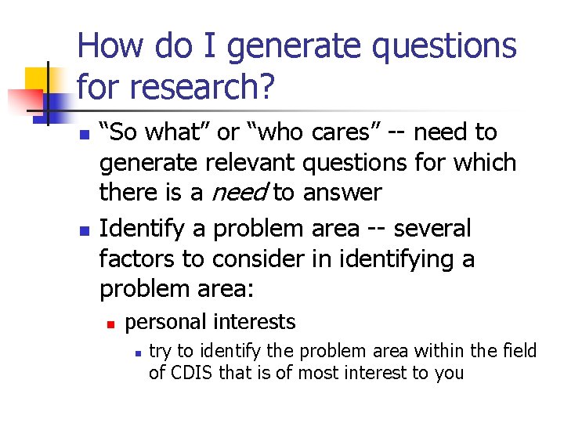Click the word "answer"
(x=342, y=192)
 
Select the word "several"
(x=432, y=229)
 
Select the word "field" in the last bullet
(x=519, y=352)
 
